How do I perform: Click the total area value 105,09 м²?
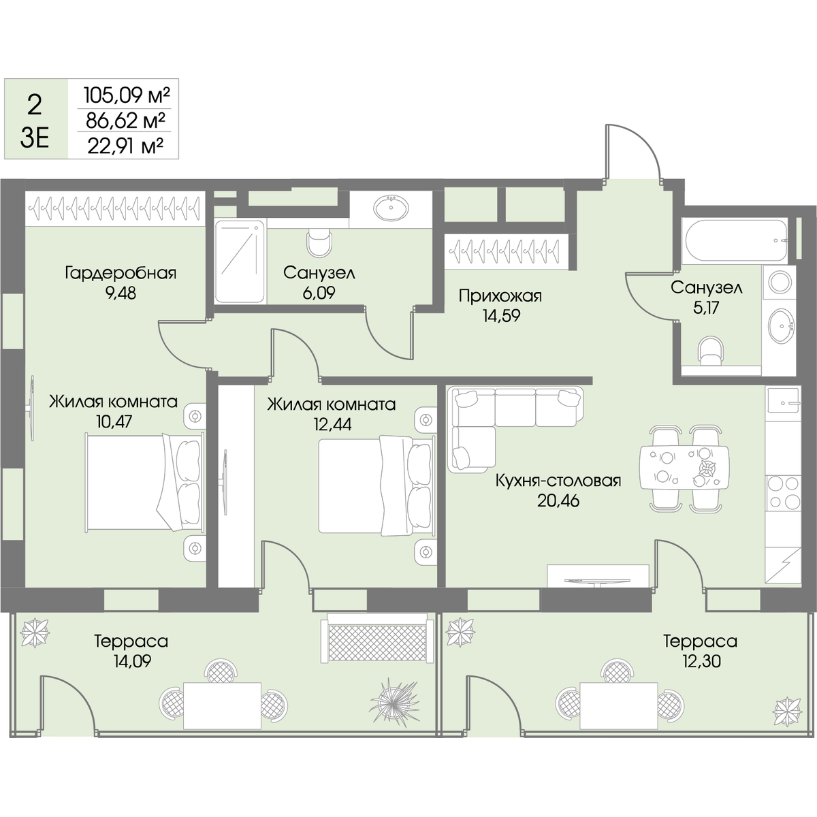tap(127, 95)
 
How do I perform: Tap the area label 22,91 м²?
tap(125, 146)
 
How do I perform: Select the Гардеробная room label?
tap(121, 273)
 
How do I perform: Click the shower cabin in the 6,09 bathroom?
tap(240, 261)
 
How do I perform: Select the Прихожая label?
tap(500, 296)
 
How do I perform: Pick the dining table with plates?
tap(684, 467)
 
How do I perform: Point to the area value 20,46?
tap(558, 500)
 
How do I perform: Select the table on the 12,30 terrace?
tap(619, 705)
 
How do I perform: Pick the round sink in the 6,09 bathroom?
tap(391, 208)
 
